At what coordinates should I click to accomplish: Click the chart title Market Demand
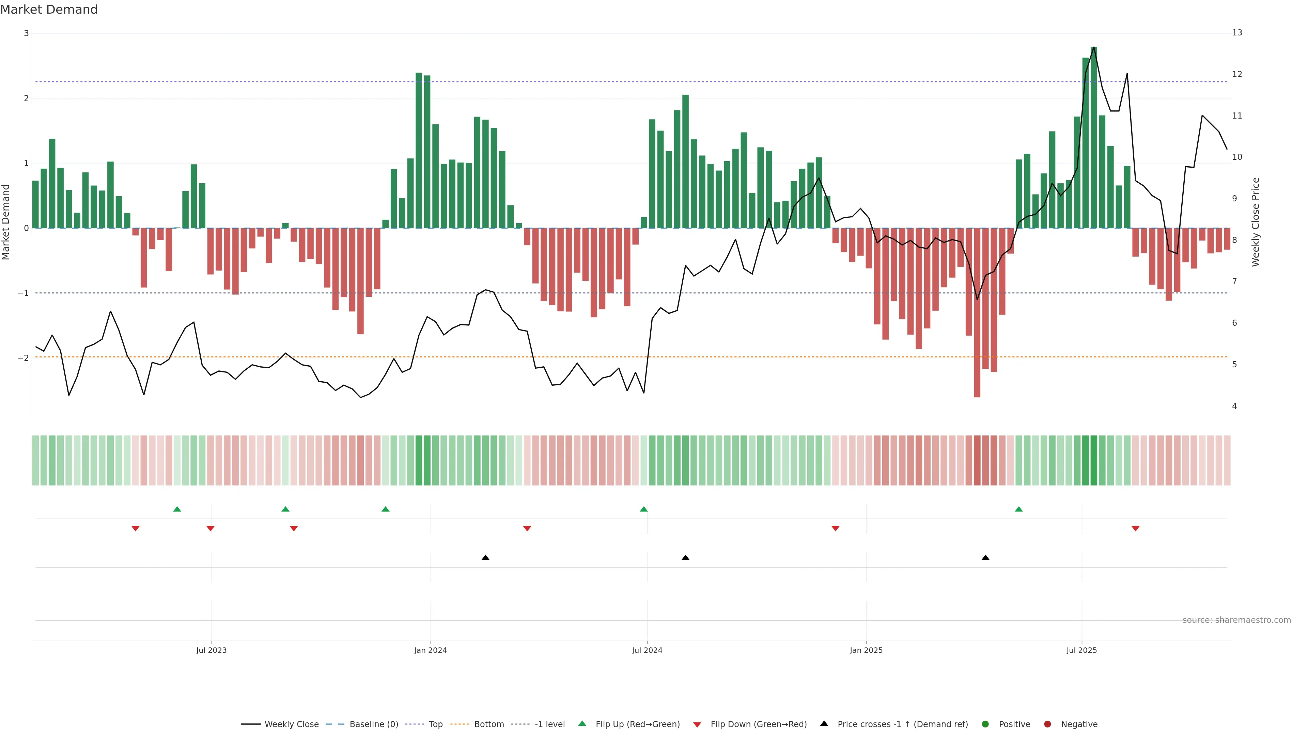click(x=49, y=10)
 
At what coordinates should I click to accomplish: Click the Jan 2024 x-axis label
click(x=430, y=650)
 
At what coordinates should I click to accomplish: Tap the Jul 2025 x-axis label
click(x=1081, y=650)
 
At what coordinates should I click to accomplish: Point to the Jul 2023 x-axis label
click(x=211, y=650)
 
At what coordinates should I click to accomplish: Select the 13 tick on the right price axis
click(x=1237, y=32)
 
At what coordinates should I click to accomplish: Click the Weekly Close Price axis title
click(x=1256, y=222)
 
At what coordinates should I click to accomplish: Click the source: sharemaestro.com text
click(x=1236, y=620)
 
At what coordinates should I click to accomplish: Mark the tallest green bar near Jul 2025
click(x=1094, y=137)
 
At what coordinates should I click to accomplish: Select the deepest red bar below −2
click(x=977, y=312)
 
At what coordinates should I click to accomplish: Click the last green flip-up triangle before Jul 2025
click(x=1018, y=509)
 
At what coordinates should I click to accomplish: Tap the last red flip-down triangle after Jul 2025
click(x=1135, y=529)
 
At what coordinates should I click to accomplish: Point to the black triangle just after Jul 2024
click(x=685, y=558)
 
